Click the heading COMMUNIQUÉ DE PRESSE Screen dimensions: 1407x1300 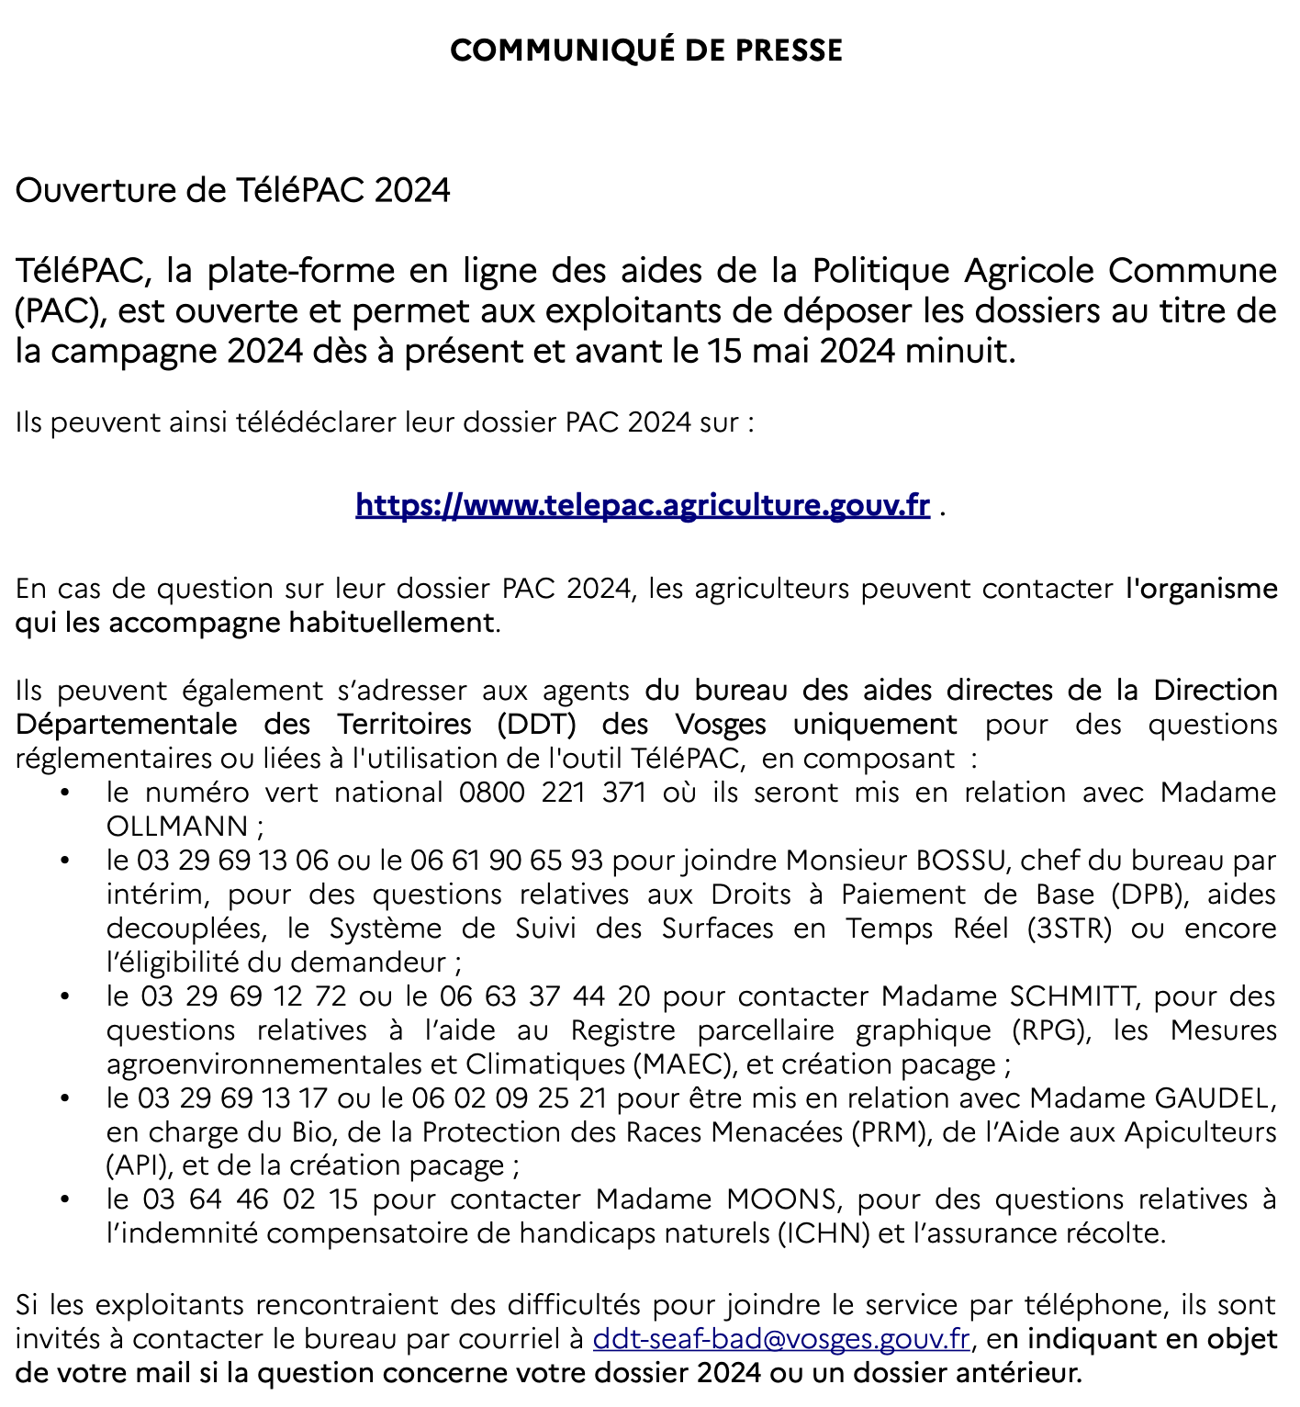coord(646,50)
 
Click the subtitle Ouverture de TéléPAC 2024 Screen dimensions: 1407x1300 coord(232,190)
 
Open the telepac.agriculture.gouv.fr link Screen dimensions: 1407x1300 coord(643,505)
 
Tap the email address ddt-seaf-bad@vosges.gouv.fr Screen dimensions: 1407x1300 coord(781,1339)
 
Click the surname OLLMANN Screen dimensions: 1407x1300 coord(177,827)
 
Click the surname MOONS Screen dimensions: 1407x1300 coord(780,1199)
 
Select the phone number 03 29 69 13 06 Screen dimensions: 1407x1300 coord(232,861)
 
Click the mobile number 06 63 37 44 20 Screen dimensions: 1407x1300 coord(545,996)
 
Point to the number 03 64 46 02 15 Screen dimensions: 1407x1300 coord(251,1199)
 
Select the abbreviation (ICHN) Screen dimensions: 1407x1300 coord(824,1233)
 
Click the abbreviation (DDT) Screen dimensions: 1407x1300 coord(537,725)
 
